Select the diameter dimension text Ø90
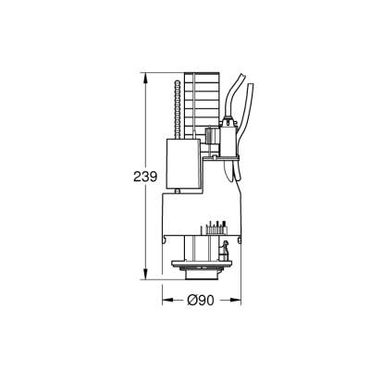click(x=201, y=300)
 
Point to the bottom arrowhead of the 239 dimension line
click(x=143, y=276)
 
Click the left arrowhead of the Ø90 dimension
click(x=167, y=300)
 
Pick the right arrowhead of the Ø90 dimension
click(x=237, y=300)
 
